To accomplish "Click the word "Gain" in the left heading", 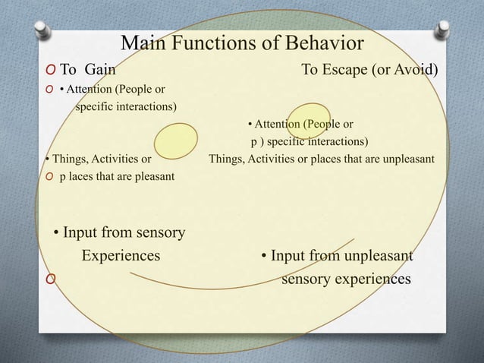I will click(x=99, y=71).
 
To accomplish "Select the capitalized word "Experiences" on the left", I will click(x=121, y=255).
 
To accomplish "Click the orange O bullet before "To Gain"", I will click(x=49, y=71).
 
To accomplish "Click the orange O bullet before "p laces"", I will click(x=49, y=177).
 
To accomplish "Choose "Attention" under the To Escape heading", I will click(x=276, y=124).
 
